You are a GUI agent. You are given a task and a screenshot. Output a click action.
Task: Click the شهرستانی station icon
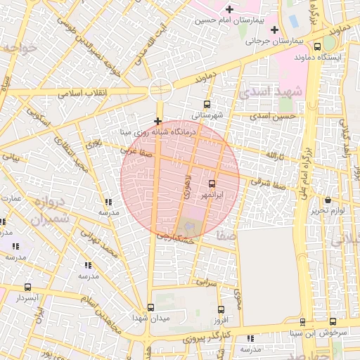click(206, 104)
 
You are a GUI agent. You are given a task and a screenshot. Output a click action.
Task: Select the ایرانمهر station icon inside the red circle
click(213, 184)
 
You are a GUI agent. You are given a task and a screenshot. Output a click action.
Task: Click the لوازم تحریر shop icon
click(328, 200)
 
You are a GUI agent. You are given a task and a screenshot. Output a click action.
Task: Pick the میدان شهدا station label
click(150, 319)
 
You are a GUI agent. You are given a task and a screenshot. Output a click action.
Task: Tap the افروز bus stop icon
click(221, 309)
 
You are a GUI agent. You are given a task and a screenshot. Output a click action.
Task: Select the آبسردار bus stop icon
click(28, 287)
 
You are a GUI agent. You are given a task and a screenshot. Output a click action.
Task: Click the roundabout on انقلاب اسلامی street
click(160, 89)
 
